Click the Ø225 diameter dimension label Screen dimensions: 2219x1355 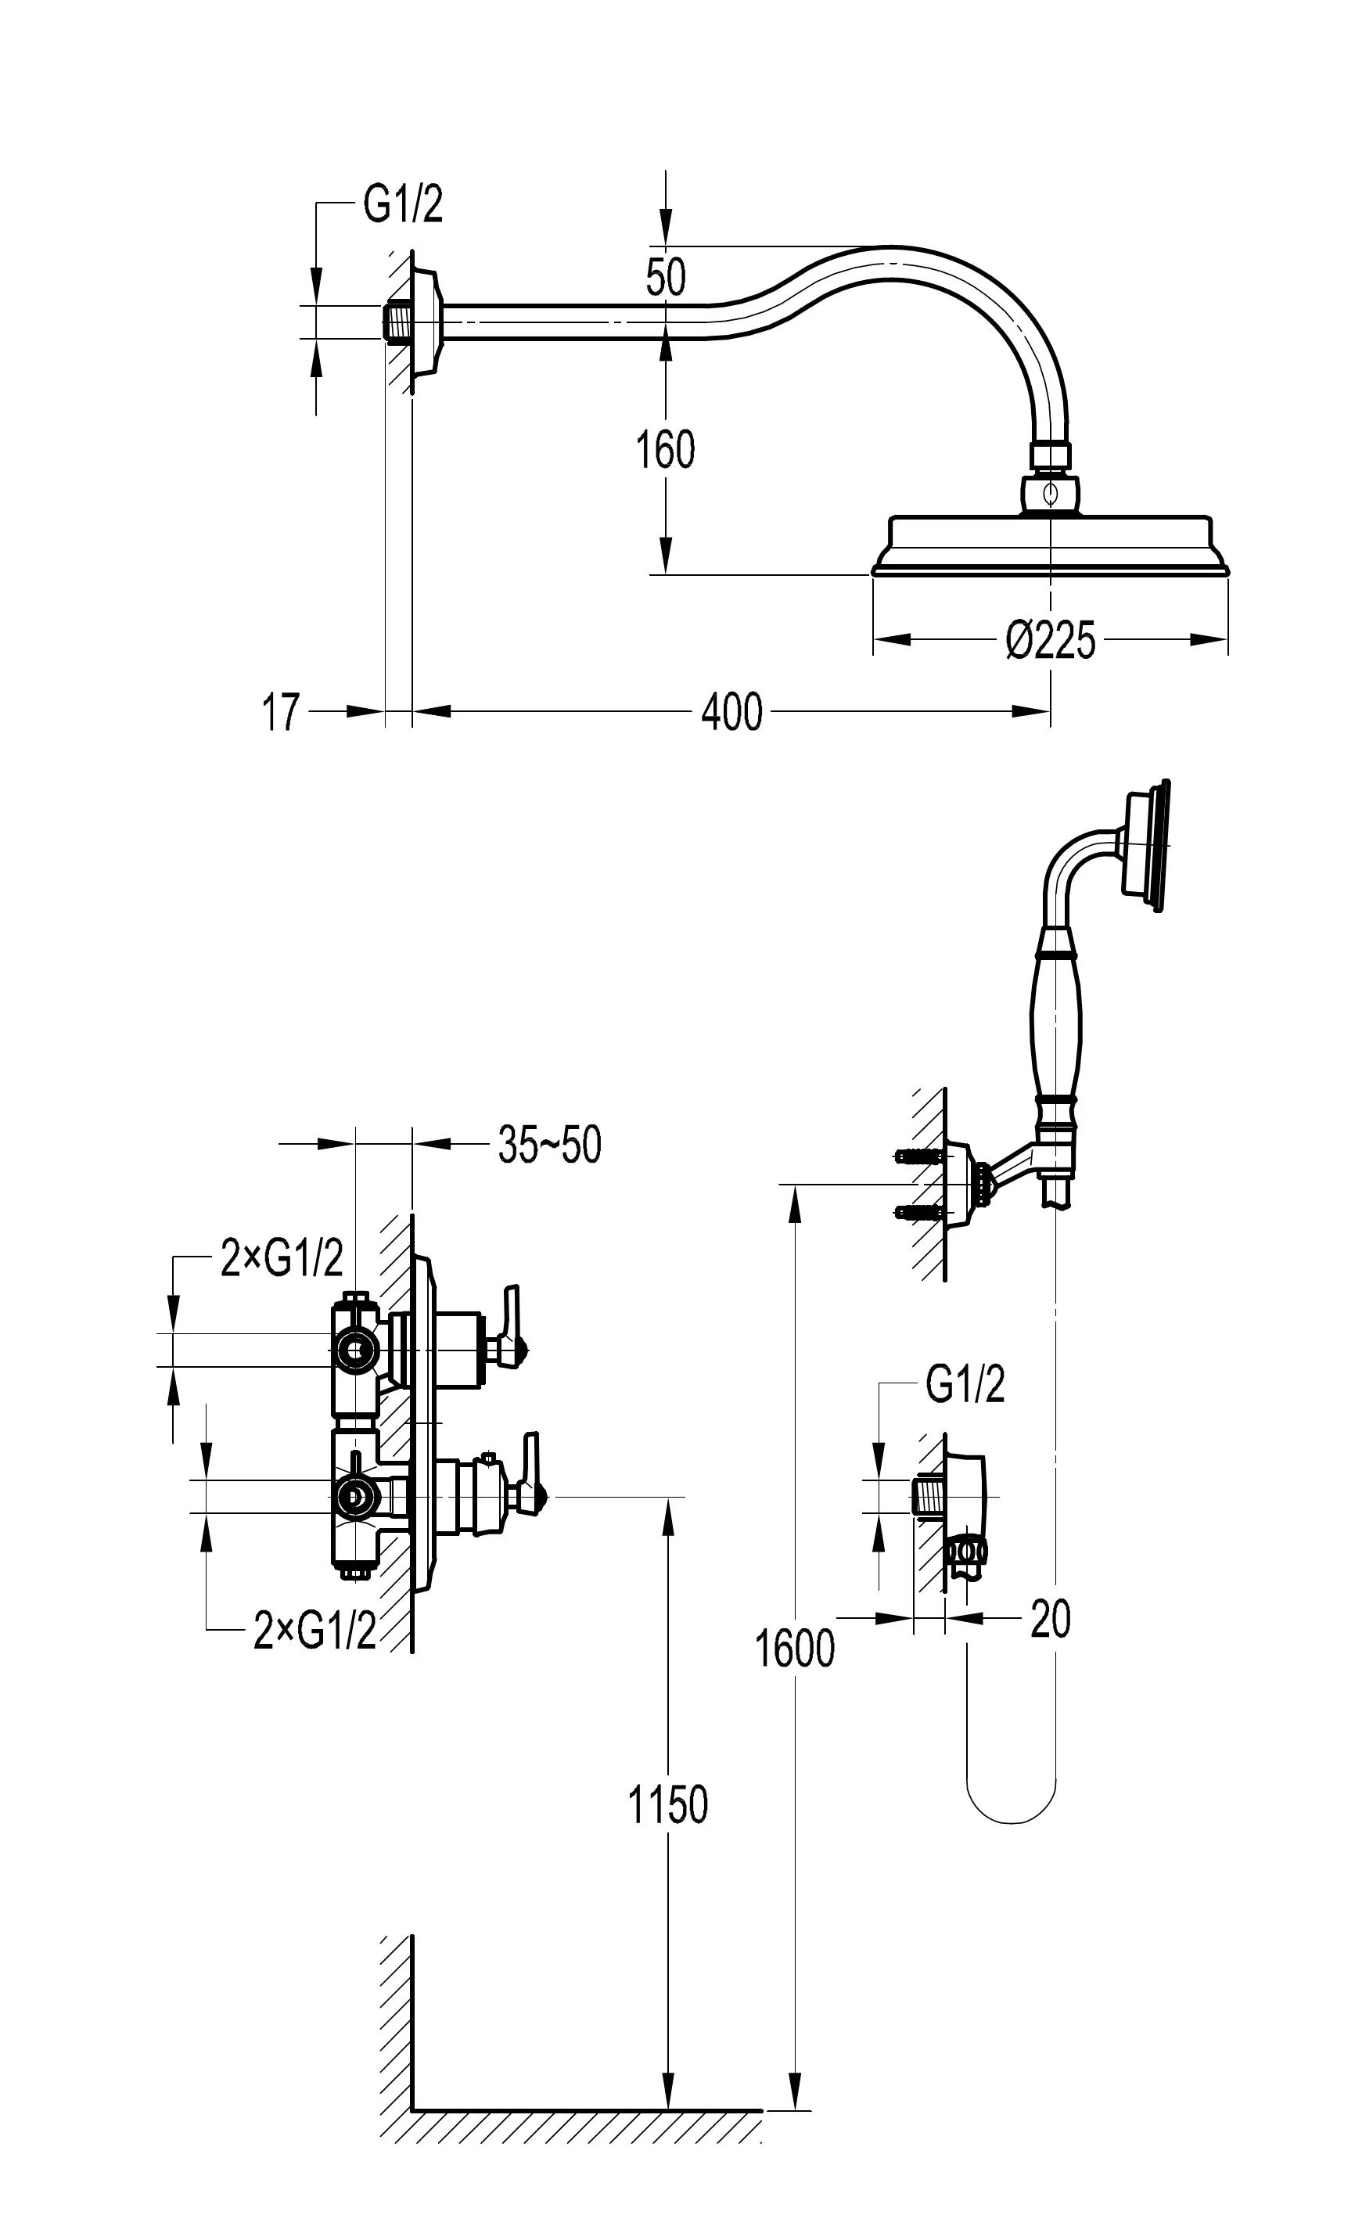1050,640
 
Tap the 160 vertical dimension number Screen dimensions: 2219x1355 665,450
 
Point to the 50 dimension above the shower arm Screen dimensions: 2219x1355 665,276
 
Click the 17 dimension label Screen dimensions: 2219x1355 280,714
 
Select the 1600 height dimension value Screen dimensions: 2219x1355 794,1649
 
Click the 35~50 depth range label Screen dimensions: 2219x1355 549,1145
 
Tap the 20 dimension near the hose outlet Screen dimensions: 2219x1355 1050,1619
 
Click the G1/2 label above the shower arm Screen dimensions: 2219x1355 402,205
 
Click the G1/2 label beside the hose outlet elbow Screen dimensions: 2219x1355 965,1384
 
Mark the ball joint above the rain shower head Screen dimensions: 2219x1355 1050,494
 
